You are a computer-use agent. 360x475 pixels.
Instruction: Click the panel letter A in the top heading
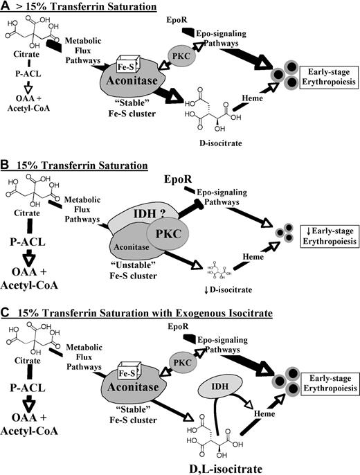click(x=7, y=6)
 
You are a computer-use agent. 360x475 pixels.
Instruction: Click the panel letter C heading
click(x=7, y=315)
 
